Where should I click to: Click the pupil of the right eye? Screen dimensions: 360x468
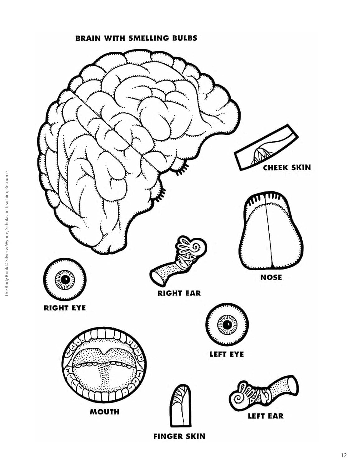tap(65, 280)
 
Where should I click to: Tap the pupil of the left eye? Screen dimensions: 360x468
tap(227, 324)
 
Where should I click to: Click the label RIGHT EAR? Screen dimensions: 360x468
tap(179, 293)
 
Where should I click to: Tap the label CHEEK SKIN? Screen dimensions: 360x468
tap(287, 168)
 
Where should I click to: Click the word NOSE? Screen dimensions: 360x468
tap(271, 277)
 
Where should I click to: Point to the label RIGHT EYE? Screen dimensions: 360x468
tap(65, 308)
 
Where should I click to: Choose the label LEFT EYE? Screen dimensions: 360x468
tap(227, 354)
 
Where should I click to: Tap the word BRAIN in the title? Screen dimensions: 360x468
tap(89, 38)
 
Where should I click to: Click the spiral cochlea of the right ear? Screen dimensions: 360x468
tap(197, 246)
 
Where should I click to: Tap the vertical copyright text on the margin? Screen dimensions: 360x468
tap(7, 234)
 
